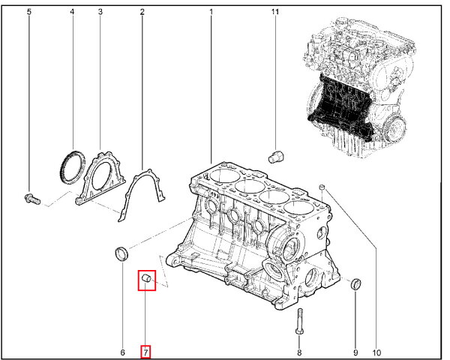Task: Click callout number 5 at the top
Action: tap(29, 12)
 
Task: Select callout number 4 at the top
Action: tap(72, 12)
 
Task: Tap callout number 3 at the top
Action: tap(100, 12)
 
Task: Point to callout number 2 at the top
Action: tap(142, 12)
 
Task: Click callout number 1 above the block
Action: tap(211, 12)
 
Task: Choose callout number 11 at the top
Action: tap(275, 12)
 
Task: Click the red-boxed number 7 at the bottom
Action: tap(145, 352)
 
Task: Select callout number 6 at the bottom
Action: tap(122, 352)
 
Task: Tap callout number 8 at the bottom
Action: tap(299, 352)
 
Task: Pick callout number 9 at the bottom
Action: tap(355, 352)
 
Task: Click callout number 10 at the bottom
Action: tap(376, 352)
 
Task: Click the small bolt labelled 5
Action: tap(31, 199)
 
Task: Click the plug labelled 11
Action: tap(276, 157)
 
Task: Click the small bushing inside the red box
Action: tap(147, 278)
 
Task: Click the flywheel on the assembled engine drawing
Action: tap(395, 127)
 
